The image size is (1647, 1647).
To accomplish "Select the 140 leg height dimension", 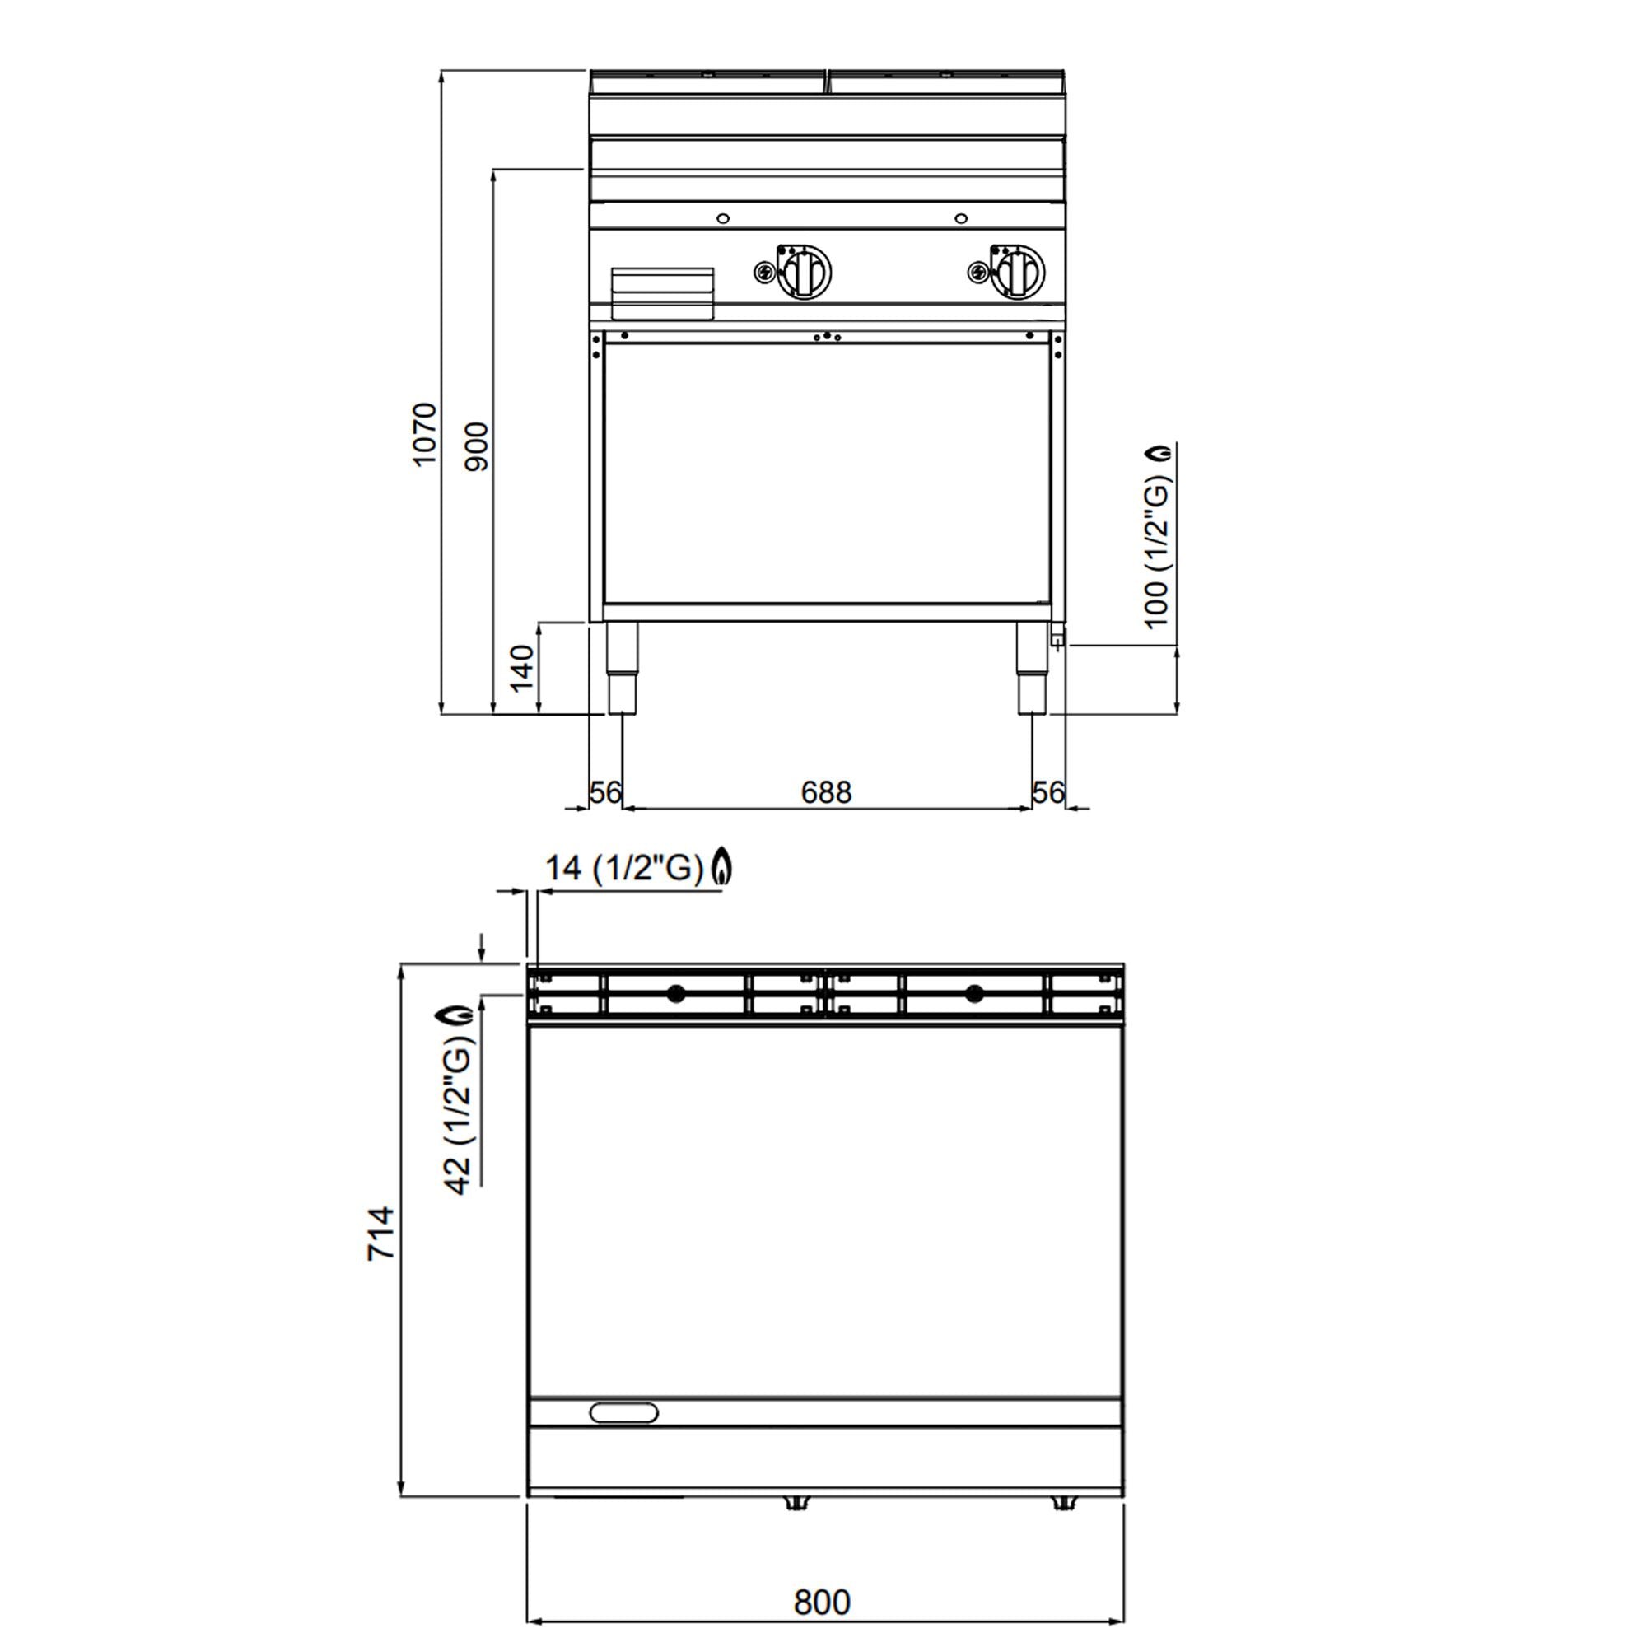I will (x=521, y=668).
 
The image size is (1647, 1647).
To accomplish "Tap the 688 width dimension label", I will (x=826, y=793).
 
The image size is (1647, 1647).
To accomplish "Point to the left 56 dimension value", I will (x=605, y=793).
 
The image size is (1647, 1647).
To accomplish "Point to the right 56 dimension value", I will (x=1047, y=793).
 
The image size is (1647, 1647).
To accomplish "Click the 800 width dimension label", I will (x=822, y=1603).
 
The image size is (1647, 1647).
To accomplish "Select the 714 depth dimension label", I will (x=381, y=1234).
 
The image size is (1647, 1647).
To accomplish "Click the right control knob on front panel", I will (x=1019, y=272).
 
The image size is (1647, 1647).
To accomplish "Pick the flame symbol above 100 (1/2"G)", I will (x=1159, y=454).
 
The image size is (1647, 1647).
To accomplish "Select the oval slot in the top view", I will (x=624, y=1412).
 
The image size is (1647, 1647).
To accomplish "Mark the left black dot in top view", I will (x=676, y=992).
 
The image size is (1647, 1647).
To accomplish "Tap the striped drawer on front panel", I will (x=662, y=292).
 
